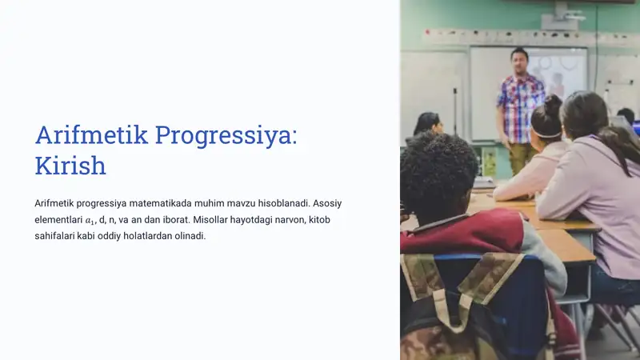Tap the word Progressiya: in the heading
[226, 135]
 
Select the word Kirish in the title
[70, 166]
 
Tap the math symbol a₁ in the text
[91, 220]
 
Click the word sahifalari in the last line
[54, 236]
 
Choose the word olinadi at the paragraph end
[190, 236]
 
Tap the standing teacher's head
[520, 59]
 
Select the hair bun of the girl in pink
[552, 102]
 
